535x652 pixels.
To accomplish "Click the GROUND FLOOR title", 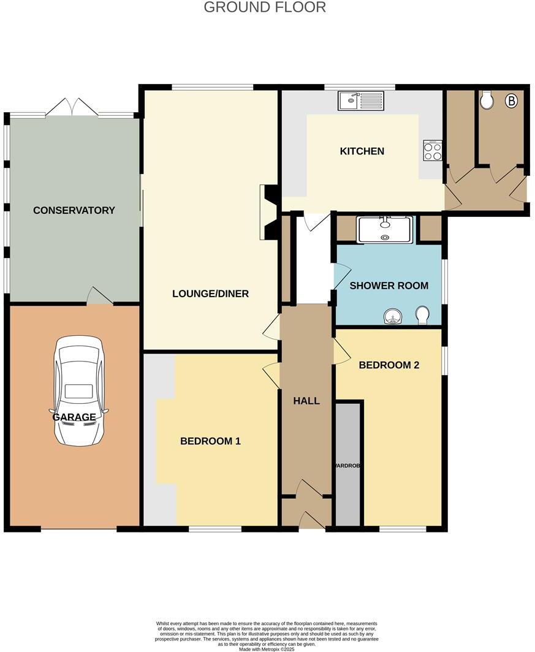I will [x=265, y=7].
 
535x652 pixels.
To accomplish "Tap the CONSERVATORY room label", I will [x=74, y=210].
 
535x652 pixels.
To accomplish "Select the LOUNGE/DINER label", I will [x=210, y=294].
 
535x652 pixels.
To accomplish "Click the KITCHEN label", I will [x=362, y=151].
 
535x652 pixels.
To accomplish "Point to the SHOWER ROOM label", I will [x=389, y=286].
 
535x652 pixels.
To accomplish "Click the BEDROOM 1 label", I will [x=210, y=441].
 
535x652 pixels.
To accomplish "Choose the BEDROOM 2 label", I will [x=389, y=365].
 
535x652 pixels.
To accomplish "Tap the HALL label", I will [x=306, y=401].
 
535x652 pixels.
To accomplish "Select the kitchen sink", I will [x=360, y=100].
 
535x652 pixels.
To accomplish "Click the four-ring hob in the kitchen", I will [x=433, y=151].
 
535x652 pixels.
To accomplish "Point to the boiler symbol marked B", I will [x=510, y=101].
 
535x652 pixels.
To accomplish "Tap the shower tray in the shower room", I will [x=385, y=229].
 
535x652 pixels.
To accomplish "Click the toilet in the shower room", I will [x=422, y=316].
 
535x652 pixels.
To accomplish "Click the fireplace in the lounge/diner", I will [x=268, y=211].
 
